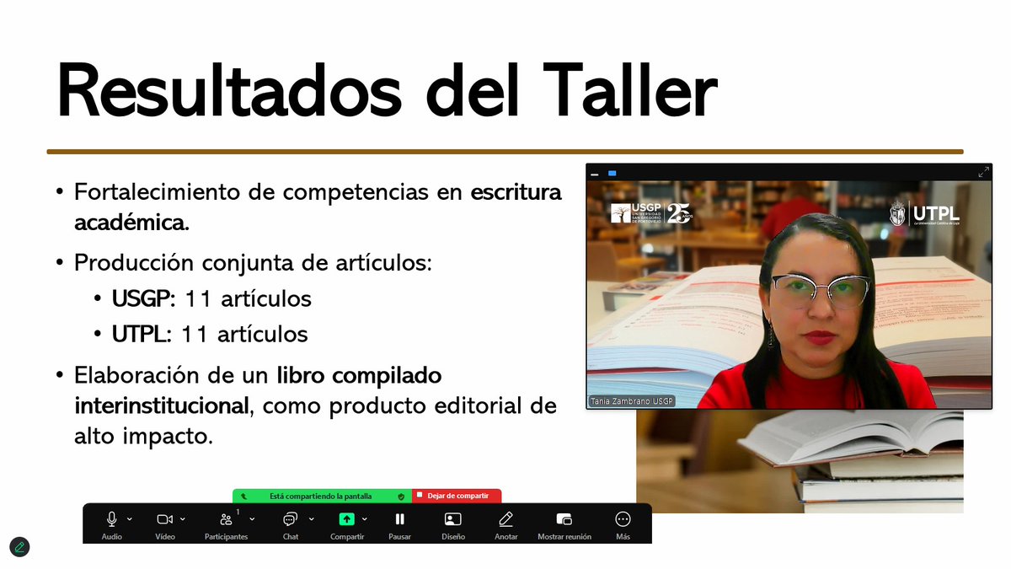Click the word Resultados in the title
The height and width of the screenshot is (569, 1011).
(x=228, y=89)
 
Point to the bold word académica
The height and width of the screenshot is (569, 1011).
(x=131, y=224)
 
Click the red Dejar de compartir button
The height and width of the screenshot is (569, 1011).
(x=457, y=497)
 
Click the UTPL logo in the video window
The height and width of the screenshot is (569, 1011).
(x=924, y=213)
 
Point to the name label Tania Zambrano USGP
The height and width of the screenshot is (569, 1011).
(x=631, y=401)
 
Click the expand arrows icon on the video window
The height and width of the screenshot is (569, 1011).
(x=983, y=172)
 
